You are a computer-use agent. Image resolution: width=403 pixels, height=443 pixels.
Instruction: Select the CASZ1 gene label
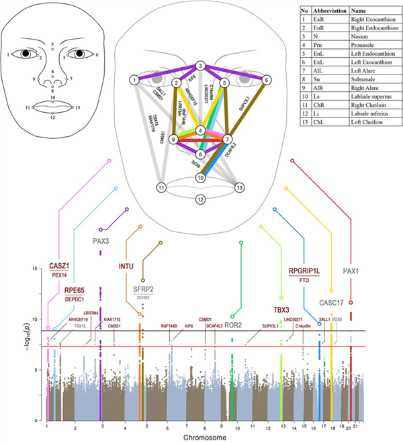pyautogui.click(x=59, y=266)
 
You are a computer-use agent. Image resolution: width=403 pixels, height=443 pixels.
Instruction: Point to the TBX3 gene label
pyautogui.click(x=282, y=310)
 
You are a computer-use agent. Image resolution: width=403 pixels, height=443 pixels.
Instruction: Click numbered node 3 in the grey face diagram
pyautogui.click(x=200, y=66)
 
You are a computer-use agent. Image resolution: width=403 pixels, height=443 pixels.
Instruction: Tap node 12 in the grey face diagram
pyautogui.click(x=200, y=199)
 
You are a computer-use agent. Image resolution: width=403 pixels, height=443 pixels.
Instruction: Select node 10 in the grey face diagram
pyautogui.click(x=200, y=178)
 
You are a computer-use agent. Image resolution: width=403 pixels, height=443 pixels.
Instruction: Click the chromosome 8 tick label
pyautogui.click(x=204, y=426)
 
